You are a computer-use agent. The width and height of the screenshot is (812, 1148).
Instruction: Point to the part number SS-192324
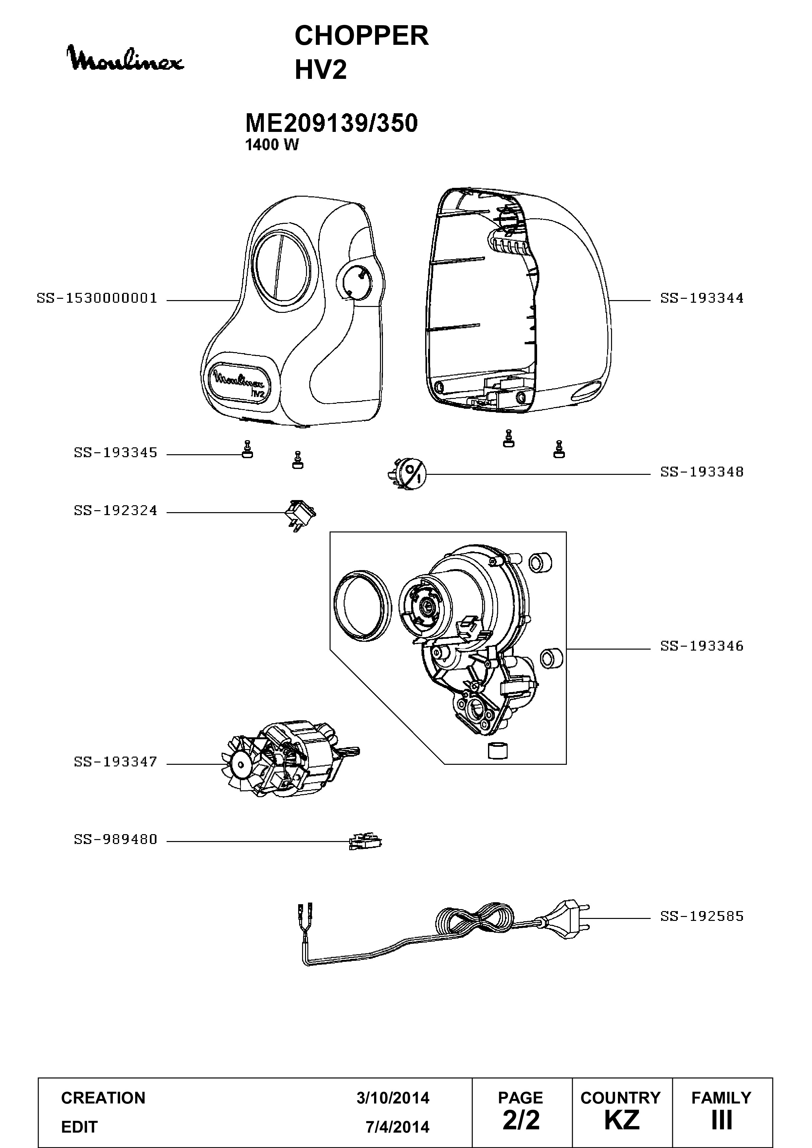click(x=116, y=511)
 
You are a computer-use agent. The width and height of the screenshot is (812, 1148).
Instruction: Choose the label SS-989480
click(x=116, y=839)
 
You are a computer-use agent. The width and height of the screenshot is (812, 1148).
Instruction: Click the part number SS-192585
click(x=702, y=917)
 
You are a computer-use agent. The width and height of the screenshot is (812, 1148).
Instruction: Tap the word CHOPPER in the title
click(x=362, y=36)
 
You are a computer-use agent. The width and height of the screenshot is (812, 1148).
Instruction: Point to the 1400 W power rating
click(x=272, y=145)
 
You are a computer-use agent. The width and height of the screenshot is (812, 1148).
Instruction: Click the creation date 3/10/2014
click(x=393, y=1098)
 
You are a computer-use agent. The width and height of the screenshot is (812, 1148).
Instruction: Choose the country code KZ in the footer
click(x=622, y=1120)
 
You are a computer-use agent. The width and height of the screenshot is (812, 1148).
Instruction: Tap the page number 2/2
click(x=521, y=1120)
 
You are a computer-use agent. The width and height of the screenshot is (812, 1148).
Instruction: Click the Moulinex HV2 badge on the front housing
click(x=240, y=383)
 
